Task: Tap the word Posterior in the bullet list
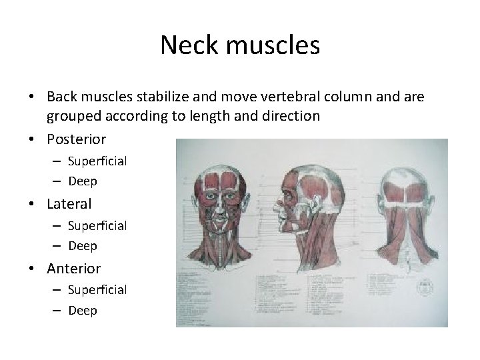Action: (x=76, y=139)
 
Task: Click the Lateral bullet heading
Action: (x=69, y=203)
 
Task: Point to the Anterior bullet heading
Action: (x=73, y=268)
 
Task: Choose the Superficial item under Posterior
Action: (x=97, y=161)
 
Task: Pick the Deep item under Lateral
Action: (x=82, y=246)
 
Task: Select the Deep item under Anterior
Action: (x=82, y=311)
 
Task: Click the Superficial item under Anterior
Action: (x=97, y=289)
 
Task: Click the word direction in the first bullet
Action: (x=287, y=115)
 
